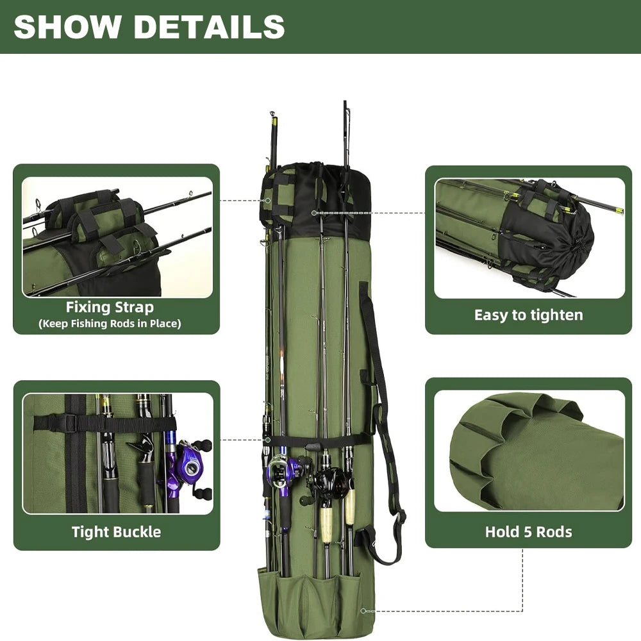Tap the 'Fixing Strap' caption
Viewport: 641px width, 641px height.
(x=110, y=308)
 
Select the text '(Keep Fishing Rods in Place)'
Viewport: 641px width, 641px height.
(x=110, y=324)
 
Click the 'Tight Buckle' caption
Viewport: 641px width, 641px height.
(x=116, y=531)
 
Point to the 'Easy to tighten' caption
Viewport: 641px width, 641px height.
(x=528, y=315)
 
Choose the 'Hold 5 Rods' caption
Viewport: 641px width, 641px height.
(x=528, y=531)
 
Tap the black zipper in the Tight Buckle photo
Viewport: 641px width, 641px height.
(x=76, y=455)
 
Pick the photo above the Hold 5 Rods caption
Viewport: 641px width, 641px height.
(x=529, y=450)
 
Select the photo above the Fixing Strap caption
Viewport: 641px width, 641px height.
(x=117, y=237)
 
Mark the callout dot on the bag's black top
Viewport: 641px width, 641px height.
(x=314, y=213)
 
